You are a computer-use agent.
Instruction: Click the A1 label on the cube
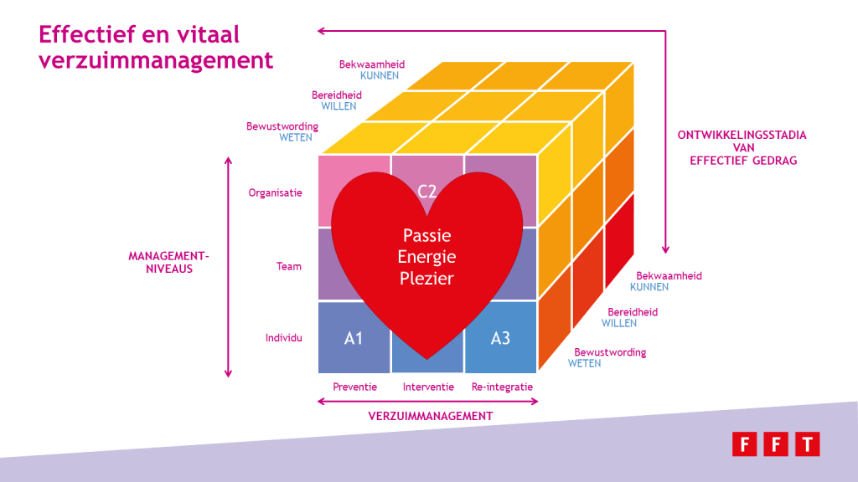354,338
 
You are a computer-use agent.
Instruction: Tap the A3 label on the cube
500,338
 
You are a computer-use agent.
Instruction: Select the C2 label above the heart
426,192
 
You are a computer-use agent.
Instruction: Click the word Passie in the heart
426,235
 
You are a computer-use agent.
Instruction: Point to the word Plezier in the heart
426,278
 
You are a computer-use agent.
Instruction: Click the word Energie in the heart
426,257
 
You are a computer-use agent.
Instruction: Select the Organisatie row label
275,193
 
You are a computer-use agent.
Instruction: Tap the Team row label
289,267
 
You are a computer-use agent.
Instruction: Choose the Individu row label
284,338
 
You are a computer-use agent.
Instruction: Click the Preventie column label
354,387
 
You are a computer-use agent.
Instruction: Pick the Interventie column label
428,387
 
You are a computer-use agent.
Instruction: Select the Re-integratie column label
503,387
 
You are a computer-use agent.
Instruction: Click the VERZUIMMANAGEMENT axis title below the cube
431,417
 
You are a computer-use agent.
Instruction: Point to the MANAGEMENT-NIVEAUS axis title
169,262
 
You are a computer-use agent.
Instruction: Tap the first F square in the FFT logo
745,444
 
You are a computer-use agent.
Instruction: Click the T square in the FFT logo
808,444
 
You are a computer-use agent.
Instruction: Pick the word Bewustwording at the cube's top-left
282,126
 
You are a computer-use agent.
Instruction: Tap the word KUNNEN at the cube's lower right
649,287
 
